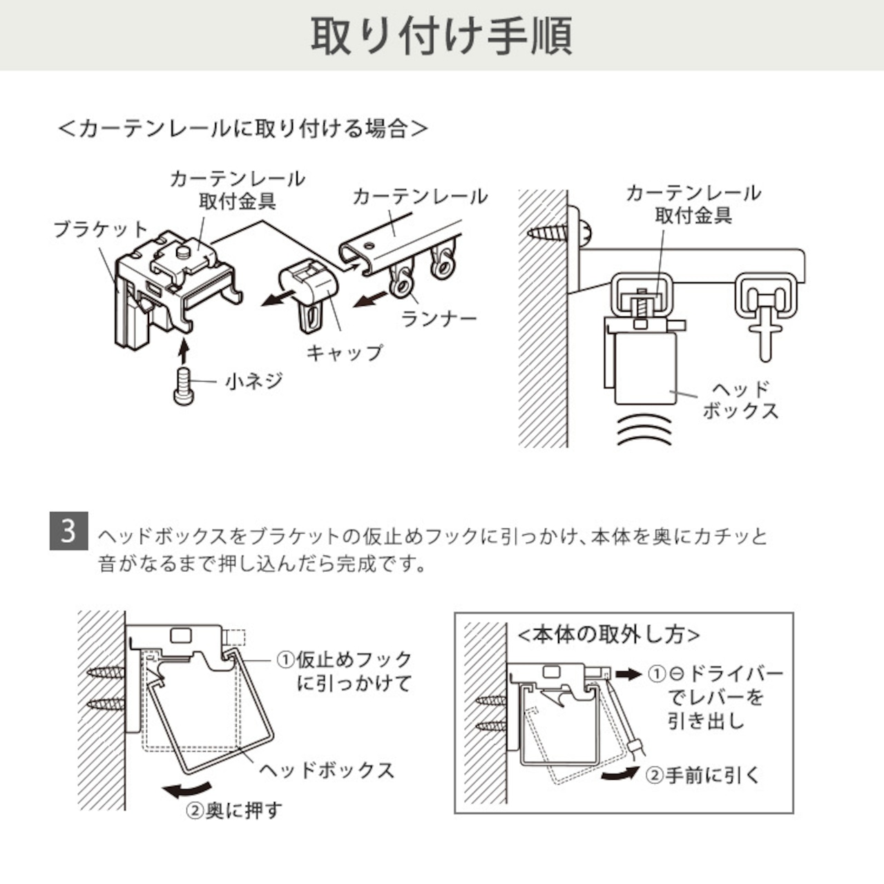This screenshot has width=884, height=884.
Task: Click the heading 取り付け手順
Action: [x=442, y=36]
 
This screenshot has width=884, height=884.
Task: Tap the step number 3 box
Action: [x=68, y=531]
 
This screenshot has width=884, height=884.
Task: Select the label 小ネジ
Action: [x=253, y=381]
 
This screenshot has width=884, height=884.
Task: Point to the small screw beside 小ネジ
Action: [x=184, y=386]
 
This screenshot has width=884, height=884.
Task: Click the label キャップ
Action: [x=344, y=353]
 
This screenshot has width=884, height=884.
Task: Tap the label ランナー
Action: [x=439, y=319]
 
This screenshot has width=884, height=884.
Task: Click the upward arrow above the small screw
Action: [x=184, y=349]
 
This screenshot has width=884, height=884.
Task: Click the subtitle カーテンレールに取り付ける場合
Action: [x=243, y=129]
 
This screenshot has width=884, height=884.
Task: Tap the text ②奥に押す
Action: [x=233, y=811]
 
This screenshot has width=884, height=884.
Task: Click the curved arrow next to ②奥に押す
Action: [x=188, y=789]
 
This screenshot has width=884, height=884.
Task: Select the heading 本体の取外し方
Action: [x=608, y=635]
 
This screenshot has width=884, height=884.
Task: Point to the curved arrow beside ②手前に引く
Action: [x=620, y=773]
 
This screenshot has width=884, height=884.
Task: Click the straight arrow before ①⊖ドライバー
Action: [x=628, y=674]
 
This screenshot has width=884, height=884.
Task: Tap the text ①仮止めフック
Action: [x=344, y=660]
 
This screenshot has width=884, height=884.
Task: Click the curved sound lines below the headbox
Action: [x=644, y=430]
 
